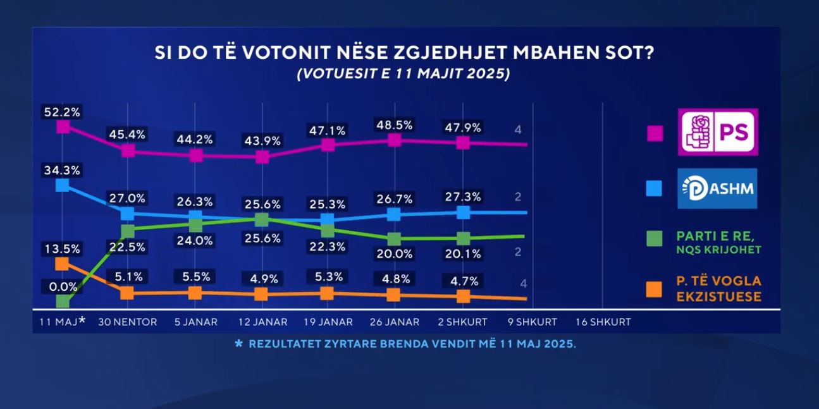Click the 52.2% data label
tap(62, 112)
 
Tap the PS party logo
tap(718, 132)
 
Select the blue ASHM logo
tap(717, 188)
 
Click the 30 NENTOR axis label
tap(128, 322)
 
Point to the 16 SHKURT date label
tap(603, 322)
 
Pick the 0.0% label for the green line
tap(63, 287)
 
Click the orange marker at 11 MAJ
tap(62, 263)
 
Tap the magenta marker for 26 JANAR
tap(394, 140)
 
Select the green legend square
tap(655, 239)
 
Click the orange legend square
tap(655, 289)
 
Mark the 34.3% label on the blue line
tap(62, 169)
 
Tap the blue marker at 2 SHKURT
tap(463, 212)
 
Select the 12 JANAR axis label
tap(262, 322)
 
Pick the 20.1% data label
tap(463, 254)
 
